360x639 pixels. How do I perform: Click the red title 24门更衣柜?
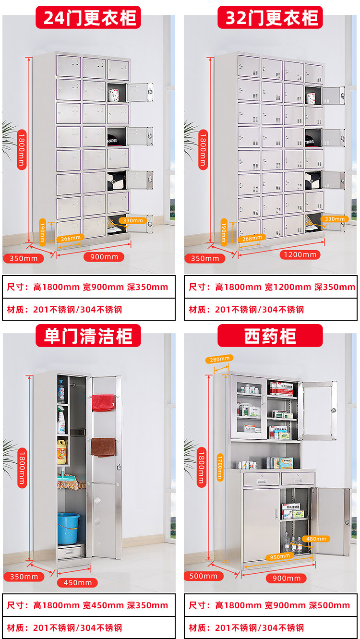click(x=89, y=18)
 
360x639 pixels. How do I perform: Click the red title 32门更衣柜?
click(x=270, y=18)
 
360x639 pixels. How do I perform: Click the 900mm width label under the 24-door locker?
click(x=104, y=257)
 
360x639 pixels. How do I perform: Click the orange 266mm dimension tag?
click(x=70, y=237)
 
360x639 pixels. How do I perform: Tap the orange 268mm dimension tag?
click(x=252, y=237)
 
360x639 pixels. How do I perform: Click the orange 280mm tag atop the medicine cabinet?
click(x=219, y=359)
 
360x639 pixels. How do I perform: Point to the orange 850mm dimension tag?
click(x=280, y=556)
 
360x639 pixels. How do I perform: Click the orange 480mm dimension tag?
click(x=316, y=539)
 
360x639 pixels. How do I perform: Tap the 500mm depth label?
click(x=204, y=576)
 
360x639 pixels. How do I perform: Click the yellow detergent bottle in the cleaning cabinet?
click(x=61, y=451)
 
